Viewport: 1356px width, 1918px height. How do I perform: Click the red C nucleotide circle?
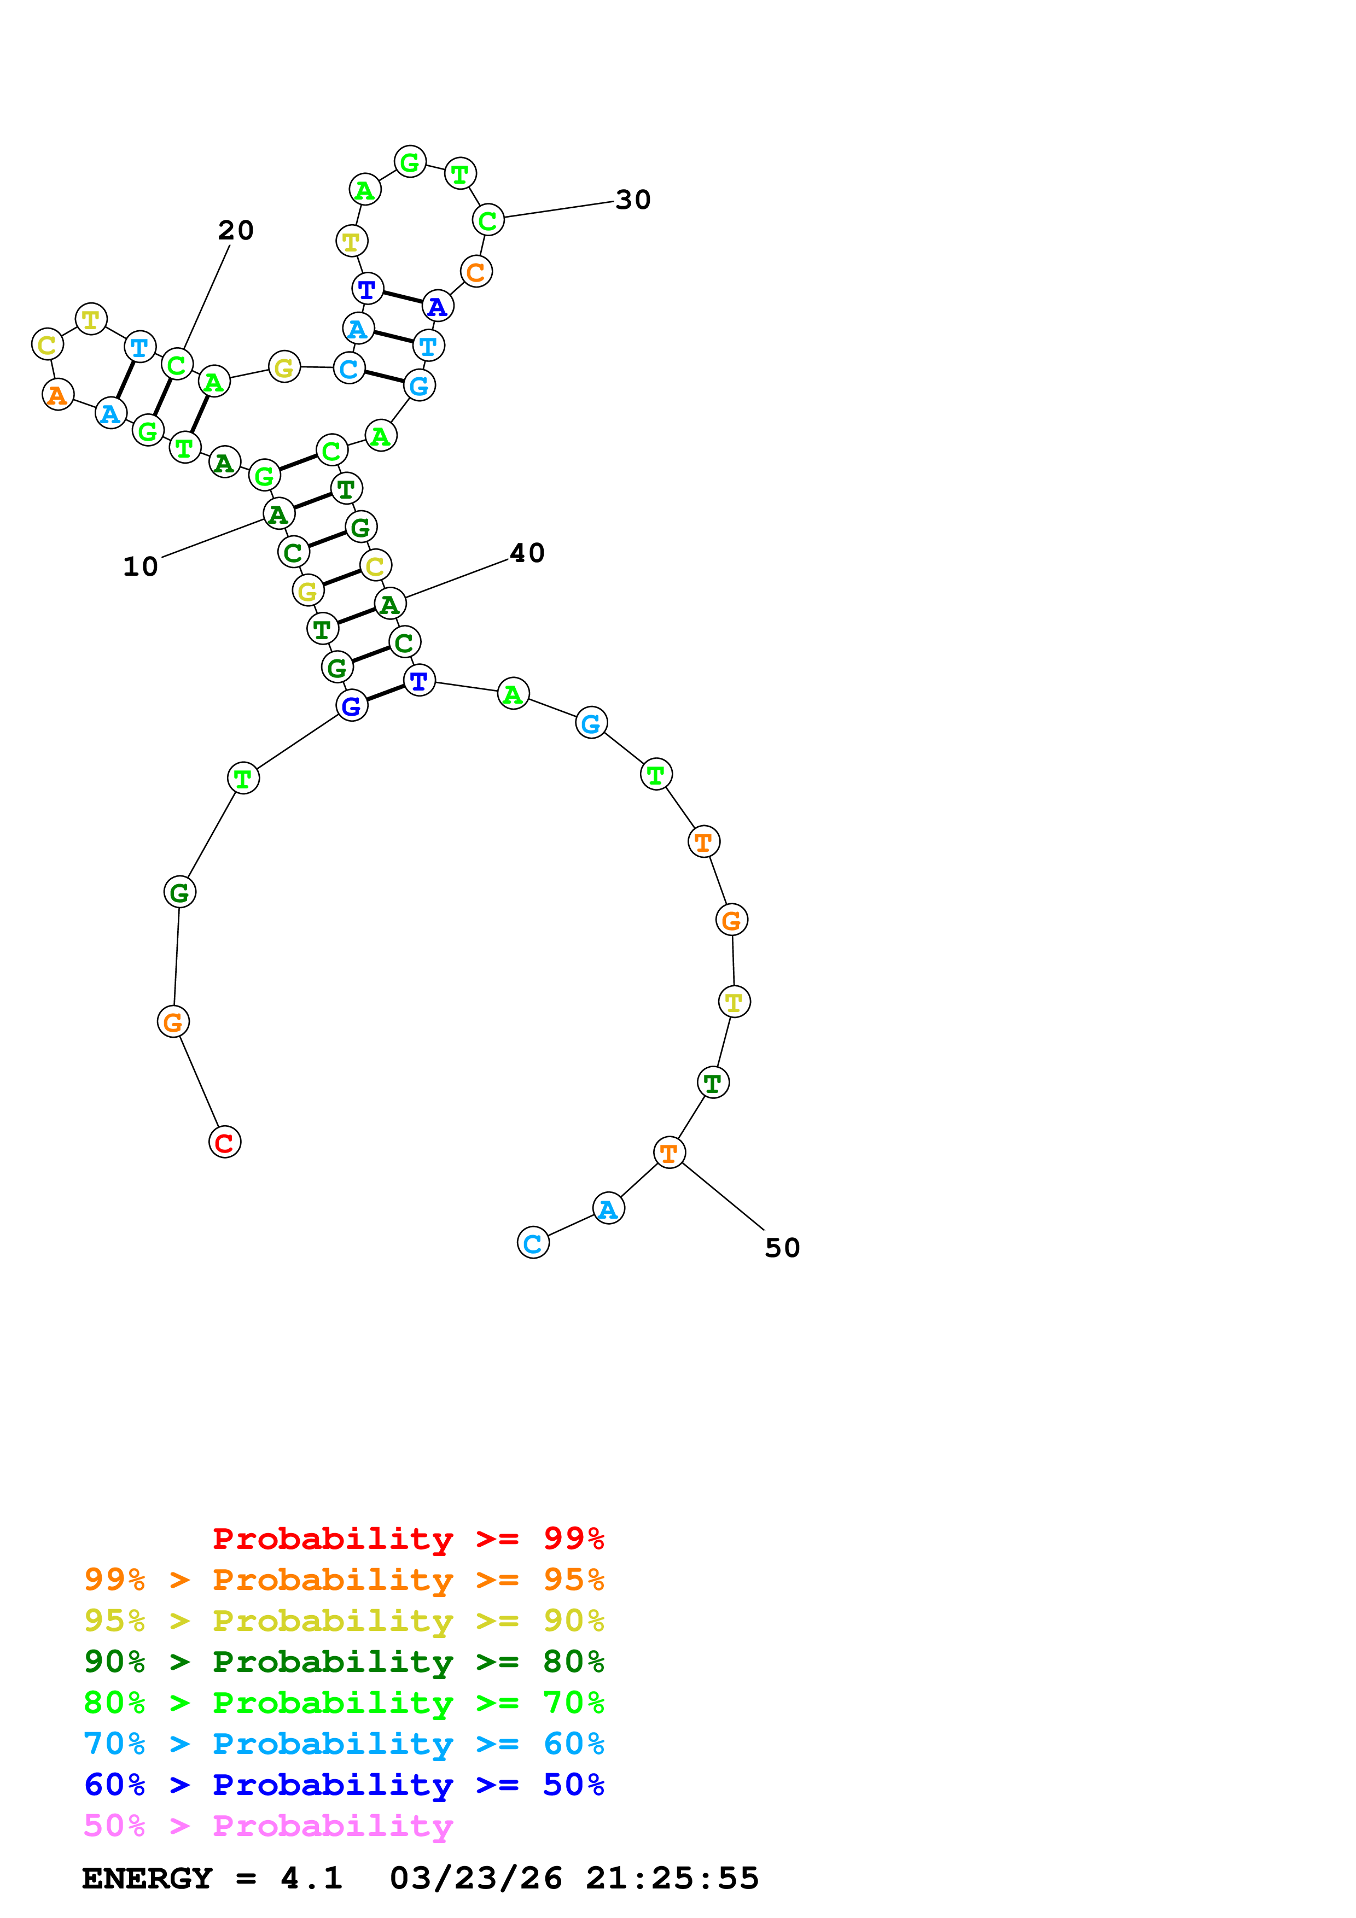pyautogui.click(x=225, y=1142)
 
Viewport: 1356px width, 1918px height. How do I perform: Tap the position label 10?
pyautogui.click(x=141, y=567)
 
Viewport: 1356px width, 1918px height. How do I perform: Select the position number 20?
pyautogui.click(x=236, y=231)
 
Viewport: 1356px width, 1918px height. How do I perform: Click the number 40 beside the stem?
pyautogui.click(x=527, y=553)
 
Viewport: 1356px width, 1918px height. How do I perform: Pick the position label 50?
pyautogui.click(x=782, y=1248)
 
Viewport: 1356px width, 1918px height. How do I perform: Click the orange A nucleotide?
pyautogui.click(x=57, y=394)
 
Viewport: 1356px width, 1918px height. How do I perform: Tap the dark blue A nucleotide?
pyautogui.click(x=437, y=307)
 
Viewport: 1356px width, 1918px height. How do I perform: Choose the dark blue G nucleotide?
pyautogui.click(x=352, y=706)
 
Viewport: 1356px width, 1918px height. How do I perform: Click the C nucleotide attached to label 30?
pyautogui.click(x=488, y=220)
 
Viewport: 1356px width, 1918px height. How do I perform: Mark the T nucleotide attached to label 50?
pyautogui.click(x=669, y=1153)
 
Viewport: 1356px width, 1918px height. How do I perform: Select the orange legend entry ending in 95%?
pyautogui.click(x=344, y=1580)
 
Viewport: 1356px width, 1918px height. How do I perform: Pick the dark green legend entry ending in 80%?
pyautogui.click(x=344, y=1662)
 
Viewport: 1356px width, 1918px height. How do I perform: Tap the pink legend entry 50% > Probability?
pyautogui.click(x=268, y=1825)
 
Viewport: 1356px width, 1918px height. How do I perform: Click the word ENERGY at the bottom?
pyautogui.click(x=147, y=1878)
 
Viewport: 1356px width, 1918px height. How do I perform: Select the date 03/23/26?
pyautogui.click(x=475, y=1878)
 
